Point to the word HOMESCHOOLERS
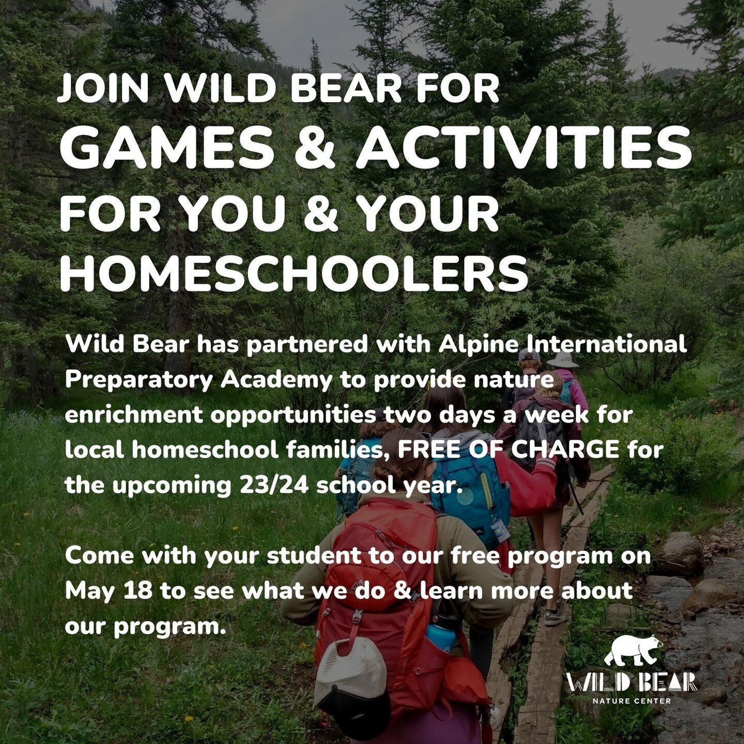293,274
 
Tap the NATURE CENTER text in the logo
632,701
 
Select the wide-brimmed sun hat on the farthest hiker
562,360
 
